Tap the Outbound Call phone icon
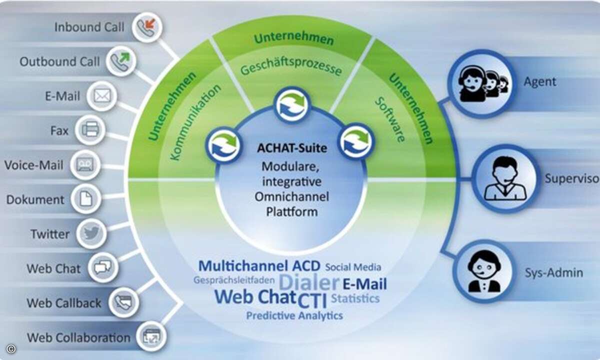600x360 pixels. pos(121,61)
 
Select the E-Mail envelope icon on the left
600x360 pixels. pos(102,96)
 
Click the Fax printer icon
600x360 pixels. pos(90,130)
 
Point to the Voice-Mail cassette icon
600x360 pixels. pos(85,164)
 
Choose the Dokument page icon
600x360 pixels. pos(86,199)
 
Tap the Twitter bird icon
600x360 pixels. pos(91,233)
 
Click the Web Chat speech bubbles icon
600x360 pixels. pos(103,267)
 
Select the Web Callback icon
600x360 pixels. pos(124,302)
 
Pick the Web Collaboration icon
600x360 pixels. pos(151,336)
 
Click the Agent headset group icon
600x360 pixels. pos(482,83)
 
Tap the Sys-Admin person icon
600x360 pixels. pos(484,271)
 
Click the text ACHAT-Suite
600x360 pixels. pos(292,148)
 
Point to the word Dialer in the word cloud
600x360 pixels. pos(309,282)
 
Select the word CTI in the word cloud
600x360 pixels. pos(312,300)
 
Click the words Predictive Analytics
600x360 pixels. pos(294,315)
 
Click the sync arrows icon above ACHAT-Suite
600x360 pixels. pos(292,104)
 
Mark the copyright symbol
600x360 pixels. pos(10,349)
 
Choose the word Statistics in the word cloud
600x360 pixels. pos(355,298)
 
